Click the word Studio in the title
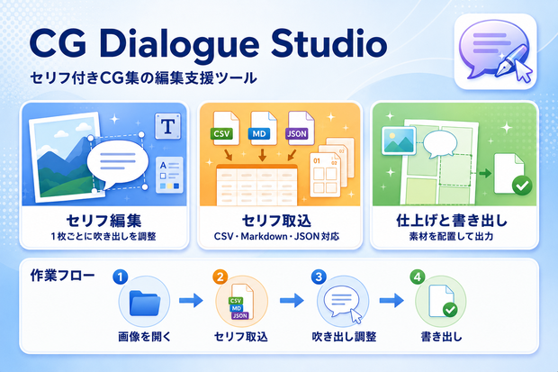tap(329, 43)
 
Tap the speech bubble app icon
tap(495, 51)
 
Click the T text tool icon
tap(167, 126)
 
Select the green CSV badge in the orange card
tap(221, 134)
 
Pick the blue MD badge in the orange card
tap(258, 134)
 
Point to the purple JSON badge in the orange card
tap(297, 134)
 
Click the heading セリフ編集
tap(103, 221)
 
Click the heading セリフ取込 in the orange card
tap(276, 221)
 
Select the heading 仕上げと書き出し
tap(452, 221)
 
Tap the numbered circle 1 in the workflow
tap(121, 277)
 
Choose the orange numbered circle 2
tap(220, 277)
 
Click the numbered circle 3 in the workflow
tap(319, 277)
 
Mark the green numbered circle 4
tap(418, 277)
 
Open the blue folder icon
tap(144, 303)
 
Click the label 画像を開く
tap(145, 337)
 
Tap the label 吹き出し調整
tap(344, 337)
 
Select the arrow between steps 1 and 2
tap(191, 300)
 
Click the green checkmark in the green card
tap(522, 186)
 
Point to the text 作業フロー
tap(63, 276)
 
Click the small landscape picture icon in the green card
tap(399, 141)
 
